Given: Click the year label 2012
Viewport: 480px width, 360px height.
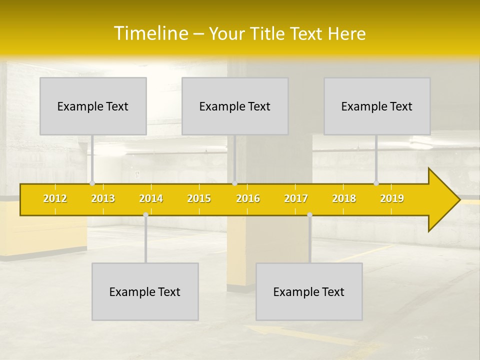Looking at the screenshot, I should (x=55, y=198).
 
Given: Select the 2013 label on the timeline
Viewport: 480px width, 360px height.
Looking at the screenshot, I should (x=103, y=198).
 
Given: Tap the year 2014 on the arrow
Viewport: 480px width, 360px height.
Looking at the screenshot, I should (x=151, y=198).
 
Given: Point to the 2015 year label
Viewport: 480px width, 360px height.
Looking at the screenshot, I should (x=199, y=198).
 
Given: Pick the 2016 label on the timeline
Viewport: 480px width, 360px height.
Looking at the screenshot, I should (x=248, y=198).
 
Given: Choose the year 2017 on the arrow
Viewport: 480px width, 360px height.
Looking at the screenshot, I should (x=296, y=198).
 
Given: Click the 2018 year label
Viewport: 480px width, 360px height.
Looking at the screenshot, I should (x=344, y=198).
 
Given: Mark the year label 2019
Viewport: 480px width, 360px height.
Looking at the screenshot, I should (x=392, y=198).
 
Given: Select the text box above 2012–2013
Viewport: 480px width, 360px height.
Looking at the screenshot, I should (x=93, y=106).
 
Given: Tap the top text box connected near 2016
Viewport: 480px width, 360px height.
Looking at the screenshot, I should (x=235, y=106).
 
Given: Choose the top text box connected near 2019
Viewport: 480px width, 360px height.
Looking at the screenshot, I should (x=377, y=106).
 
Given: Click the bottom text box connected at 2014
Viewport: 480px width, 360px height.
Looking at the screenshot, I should (x=145, y=291).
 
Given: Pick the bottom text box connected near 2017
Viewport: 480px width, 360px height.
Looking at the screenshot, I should (x=309, y=291).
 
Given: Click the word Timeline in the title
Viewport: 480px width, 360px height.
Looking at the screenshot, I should (x=150, y=33).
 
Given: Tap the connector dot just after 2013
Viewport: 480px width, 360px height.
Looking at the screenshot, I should (x=92, y=183).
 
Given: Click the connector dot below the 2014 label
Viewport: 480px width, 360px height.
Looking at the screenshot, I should (x=145, y=214).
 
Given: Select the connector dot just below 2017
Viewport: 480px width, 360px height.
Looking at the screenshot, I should (x=309, y=214).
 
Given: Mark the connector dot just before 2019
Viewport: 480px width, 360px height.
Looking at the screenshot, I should (x=376, y=183).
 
